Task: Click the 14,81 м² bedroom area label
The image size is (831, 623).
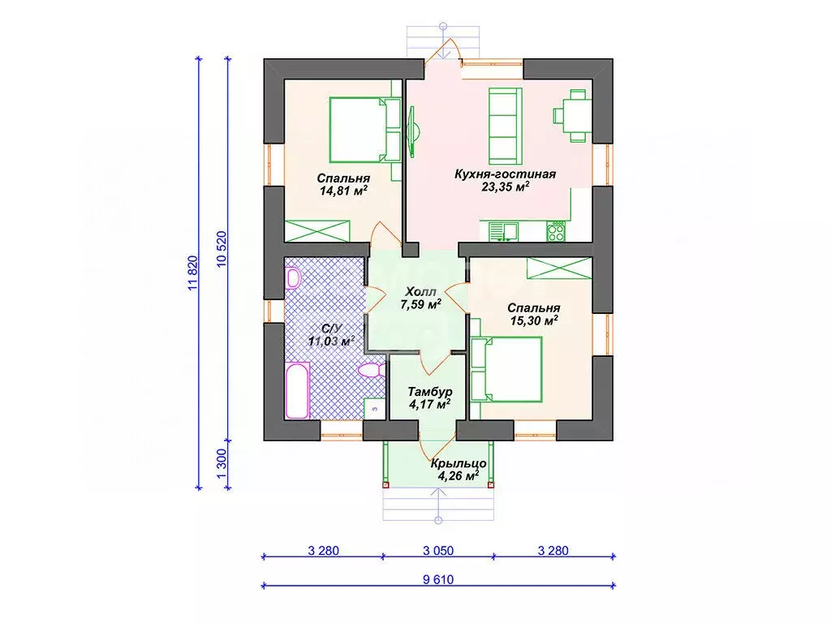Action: point(344,191)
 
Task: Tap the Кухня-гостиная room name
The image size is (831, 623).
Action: point(505,174)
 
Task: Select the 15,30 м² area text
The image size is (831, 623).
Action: point(534,320)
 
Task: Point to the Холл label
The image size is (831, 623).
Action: point(421,292)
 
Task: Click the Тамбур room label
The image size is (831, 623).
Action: point(430,392)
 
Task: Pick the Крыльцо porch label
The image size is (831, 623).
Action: point(459,463)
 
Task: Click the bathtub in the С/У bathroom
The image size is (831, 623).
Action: point(297,390)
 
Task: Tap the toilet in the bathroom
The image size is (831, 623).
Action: point(371,370)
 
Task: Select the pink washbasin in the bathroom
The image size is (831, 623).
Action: point(292,278)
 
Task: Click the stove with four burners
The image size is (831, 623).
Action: point(556,232)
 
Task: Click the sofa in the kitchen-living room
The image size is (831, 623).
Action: point(505,126)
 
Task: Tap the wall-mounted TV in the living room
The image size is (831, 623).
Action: point(412,131)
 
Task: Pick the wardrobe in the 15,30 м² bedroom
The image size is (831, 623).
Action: point(558,268)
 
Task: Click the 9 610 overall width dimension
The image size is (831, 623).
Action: point(438,579)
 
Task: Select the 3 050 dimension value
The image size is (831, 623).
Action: point(438,551)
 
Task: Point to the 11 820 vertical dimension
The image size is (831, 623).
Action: point(192,273)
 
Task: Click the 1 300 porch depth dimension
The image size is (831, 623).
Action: point(222,464)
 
